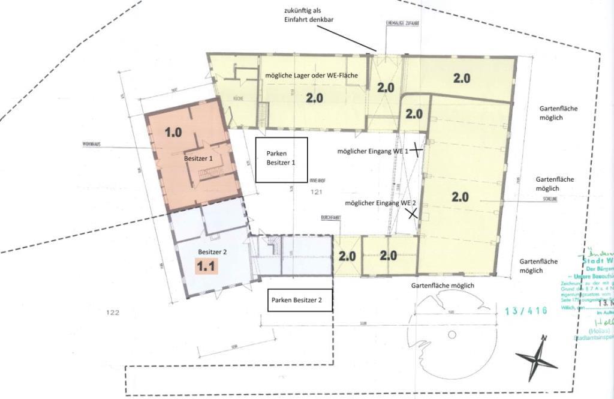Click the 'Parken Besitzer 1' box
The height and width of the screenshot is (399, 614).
pos(281,160)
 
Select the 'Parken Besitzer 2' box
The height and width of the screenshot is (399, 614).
pos(300,299)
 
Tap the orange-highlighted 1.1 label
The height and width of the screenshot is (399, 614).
pos(206,267)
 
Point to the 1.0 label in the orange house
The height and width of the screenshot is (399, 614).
pos(173,132)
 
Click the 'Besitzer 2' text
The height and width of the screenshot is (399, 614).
pos(212,252)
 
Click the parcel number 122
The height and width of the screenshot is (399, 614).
pos(112,313)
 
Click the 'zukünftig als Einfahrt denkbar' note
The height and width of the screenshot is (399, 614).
pos(309,16)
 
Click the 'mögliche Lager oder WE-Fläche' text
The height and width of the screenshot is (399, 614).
pos(312,75)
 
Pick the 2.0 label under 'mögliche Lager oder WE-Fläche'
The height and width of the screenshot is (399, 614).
pos(314,98)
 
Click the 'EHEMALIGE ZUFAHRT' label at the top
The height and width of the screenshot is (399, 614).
pos(402,23)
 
